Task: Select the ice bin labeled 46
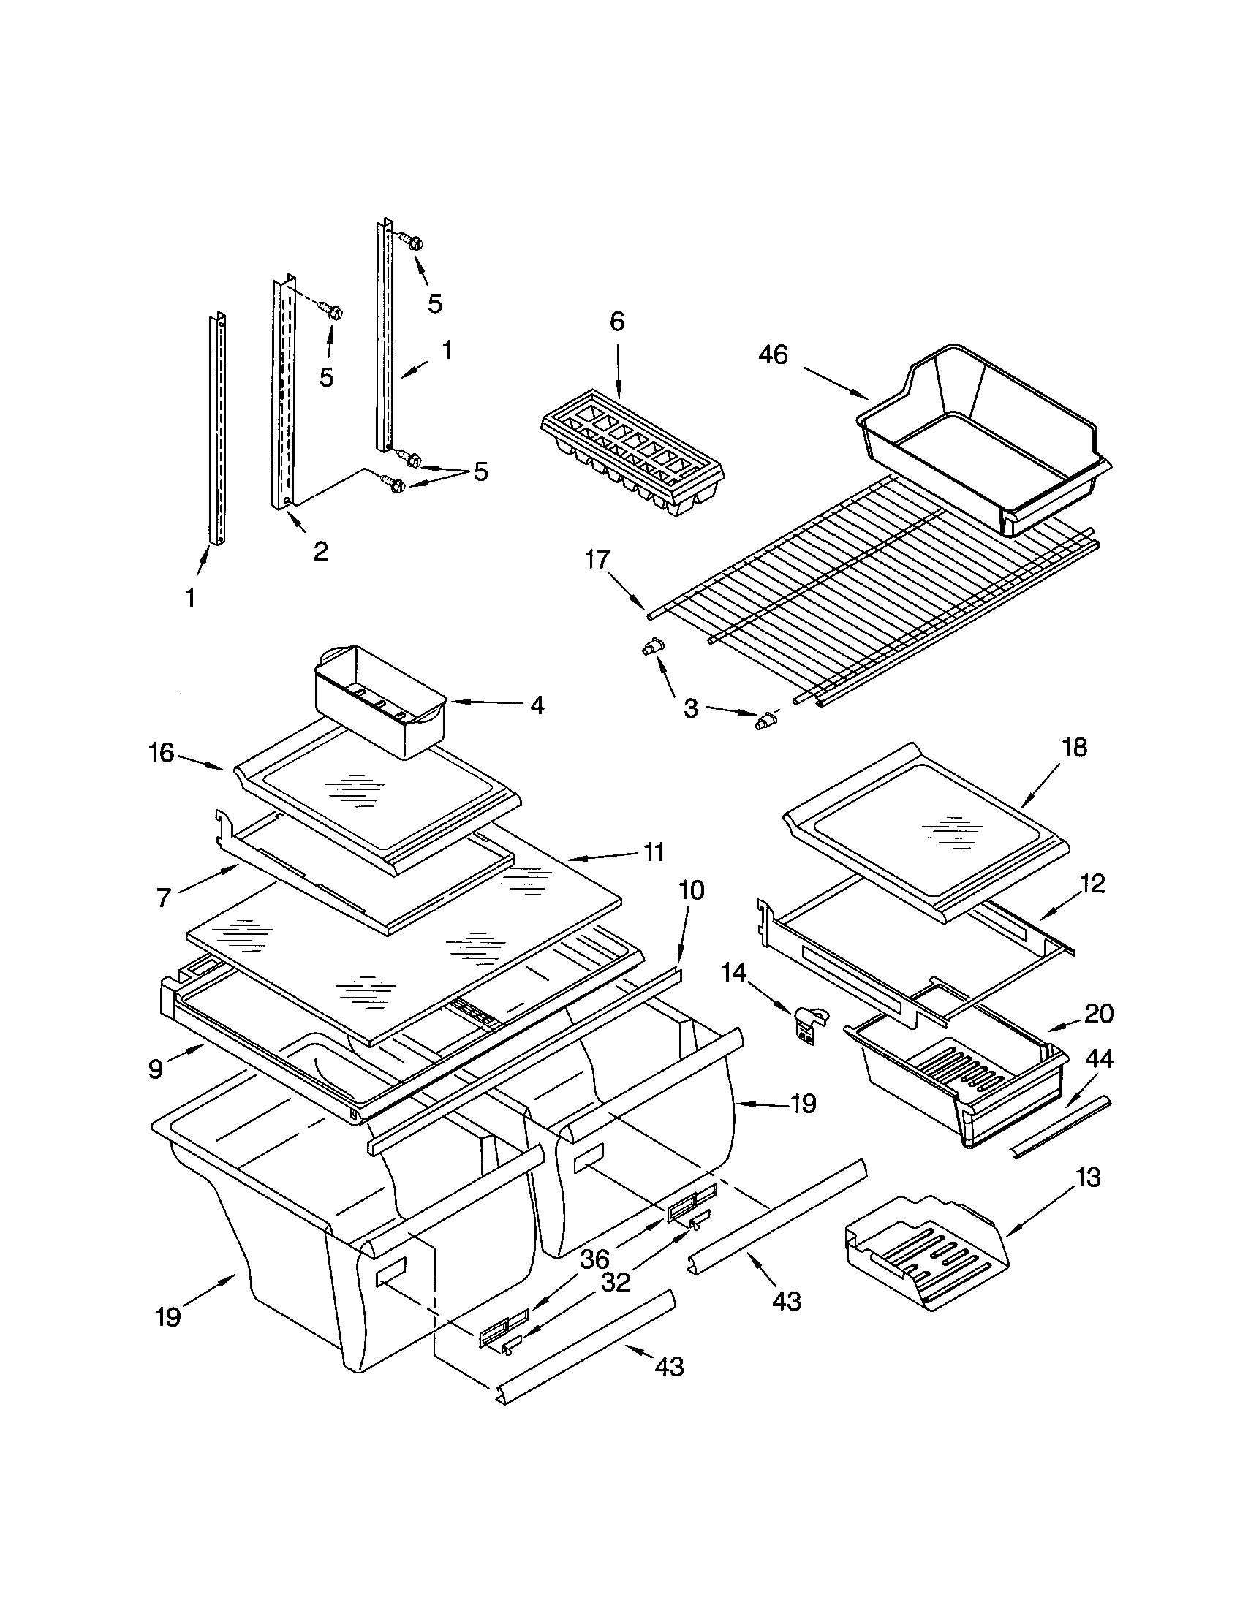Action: pos(983,441)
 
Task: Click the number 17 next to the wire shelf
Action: pos(597,560)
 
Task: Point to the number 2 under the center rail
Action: pos(320,550)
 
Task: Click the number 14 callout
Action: pos(733,974)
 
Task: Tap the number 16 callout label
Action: pos(161,752)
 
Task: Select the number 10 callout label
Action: pos(692,891)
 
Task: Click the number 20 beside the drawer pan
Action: pos(1099,1014)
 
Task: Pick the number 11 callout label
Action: pos(653,852)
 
